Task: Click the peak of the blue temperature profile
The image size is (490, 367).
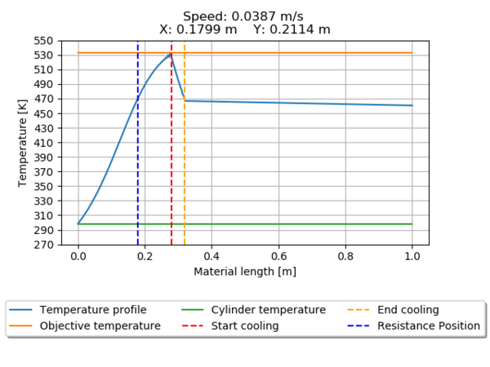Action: (170, 55)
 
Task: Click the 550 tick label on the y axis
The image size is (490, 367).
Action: (43, 40)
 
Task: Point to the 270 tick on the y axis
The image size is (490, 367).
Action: (43, 245)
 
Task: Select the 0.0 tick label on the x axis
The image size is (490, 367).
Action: (78, 256)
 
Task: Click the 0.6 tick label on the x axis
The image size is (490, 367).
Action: (278, 256)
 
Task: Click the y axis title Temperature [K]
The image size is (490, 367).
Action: (23, 143)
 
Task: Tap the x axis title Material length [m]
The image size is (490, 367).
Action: (245, 271)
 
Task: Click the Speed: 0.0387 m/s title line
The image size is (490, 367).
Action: (245, 16)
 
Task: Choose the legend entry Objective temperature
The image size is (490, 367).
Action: (100, 325)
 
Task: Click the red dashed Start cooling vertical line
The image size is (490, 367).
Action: (171, 163)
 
